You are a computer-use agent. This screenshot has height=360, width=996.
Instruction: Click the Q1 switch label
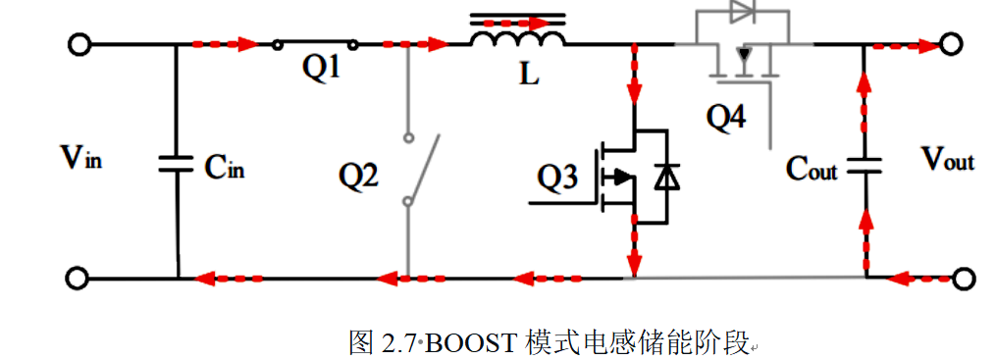(x=321, y=70)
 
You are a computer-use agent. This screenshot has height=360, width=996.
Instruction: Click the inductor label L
(x=529, y=74)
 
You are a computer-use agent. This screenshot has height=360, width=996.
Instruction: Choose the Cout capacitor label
(x=812, y=169)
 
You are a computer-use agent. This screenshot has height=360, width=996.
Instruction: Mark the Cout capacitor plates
(x=864, y=165)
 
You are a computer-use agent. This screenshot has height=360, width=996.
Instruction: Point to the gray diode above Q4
(x=741, y=11)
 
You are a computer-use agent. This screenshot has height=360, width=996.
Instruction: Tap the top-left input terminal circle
(x=79, y=45)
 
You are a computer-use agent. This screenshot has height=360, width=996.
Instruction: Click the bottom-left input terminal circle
(x=79, y=279)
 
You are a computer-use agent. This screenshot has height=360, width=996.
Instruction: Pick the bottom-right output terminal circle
(x=965, y=279)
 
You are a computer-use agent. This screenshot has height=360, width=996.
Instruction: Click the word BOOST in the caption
(x=471, y=343)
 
